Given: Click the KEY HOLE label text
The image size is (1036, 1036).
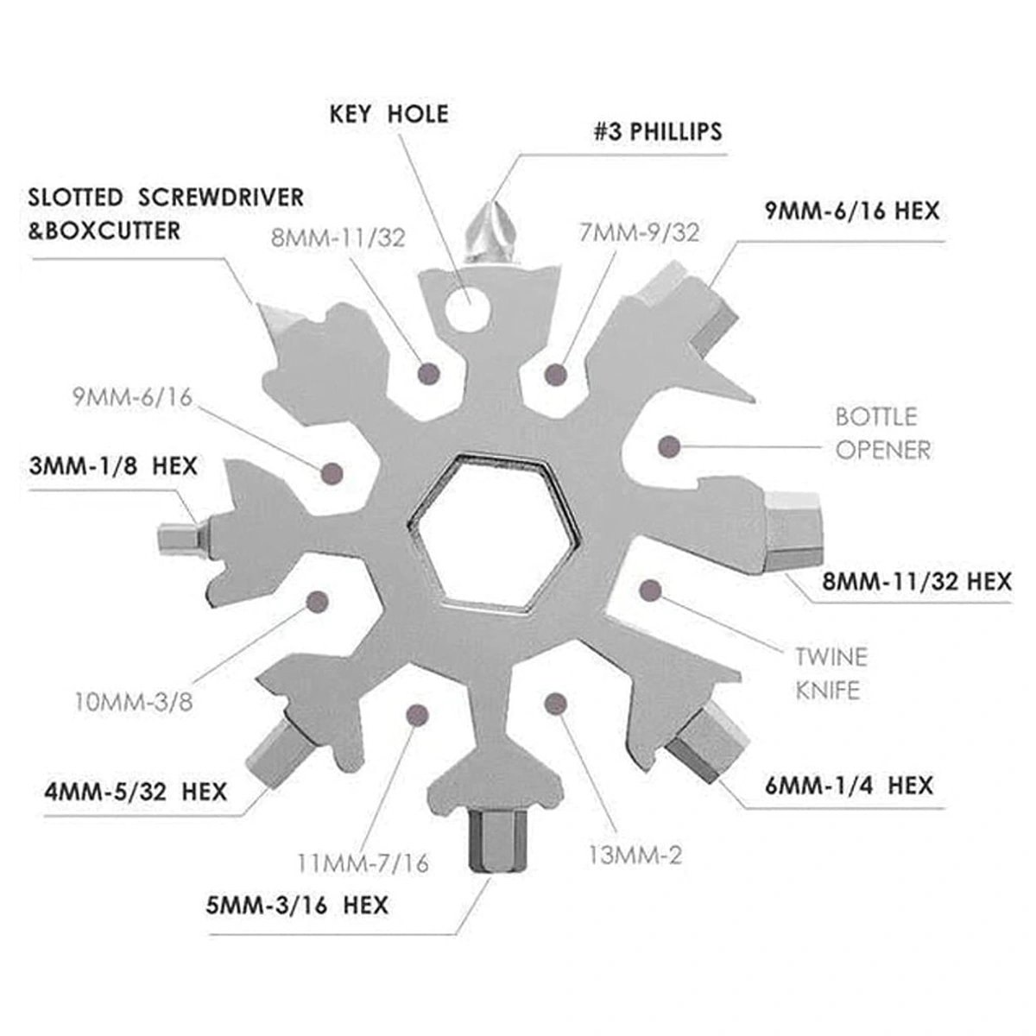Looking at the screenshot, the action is click(388, 114).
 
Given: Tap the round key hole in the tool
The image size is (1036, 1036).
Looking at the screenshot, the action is click(466, 308).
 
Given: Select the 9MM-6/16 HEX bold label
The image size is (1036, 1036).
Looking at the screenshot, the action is click(851, 211).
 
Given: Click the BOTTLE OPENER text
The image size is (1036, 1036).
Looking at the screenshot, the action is click(875, 433).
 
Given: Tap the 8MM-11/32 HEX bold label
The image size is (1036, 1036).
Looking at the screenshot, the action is click(916, 582).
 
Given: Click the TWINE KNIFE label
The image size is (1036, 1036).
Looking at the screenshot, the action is click(831, 673).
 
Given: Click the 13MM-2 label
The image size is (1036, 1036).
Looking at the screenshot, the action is click(635, 856).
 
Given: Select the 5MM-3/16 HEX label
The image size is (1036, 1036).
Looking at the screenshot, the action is click(297, 906).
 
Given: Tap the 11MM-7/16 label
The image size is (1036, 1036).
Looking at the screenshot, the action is click(363, 862).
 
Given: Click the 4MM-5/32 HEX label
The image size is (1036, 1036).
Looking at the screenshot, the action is click(136, 791).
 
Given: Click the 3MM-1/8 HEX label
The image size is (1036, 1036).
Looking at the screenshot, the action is click(112, 467).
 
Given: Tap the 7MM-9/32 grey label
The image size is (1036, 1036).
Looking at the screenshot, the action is click(640, 232).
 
